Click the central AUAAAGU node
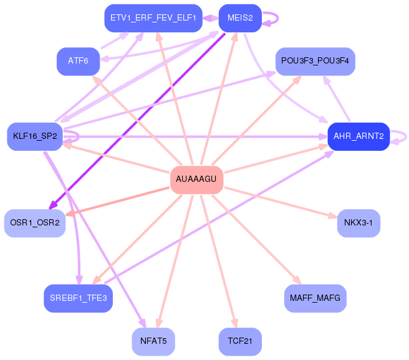pyautogui.click(x=196, y=180)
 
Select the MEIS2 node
pyautogui.click(x=240, y=18)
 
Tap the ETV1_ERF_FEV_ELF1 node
pyautogui.click(x=153, y=18)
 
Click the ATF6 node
pyautogui.click(x=79, y=61)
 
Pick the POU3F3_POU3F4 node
pyautogui.click(x=315, y=61)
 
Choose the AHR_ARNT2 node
pyautogui.click(x=358, y=136)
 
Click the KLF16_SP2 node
pyautogui.click(x=35, y=136)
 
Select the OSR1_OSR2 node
pyautogui.click(x=35, y=223)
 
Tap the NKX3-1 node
pyautogui.click(x=358, y=223)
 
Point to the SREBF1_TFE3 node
pyautogui.click(x=79, y=298)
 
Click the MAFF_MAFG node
pyautogui.click(x=315, y=298)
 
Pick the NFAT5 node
pyautogui.click(x=153, y=341)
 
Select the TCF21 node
pyautogui.click(x=240, y=341)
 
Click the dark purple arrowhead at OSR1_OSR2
pyautogui.click(x=53, y=206)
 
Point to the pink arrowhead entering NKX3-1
pyautogui.click(x=333, y=216)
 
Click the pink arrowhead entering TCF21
pyautogui.click(x=234, y=323)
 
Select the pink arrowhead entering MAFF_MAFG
pyautogui.click(x=297, y=280)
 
